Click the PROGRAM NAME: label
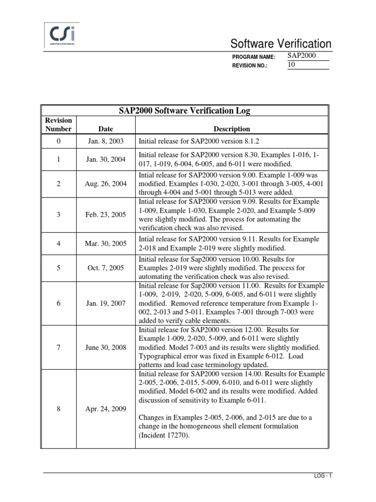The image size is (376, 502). (x=254, y=57)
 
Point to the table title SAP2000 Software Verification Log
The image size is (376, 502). (x=185, y=111)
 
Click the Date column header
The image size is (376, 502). (x=105, y=129)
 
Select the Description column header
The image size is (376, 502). (x=232, y=129)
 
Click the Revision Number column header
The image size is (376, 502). (x=58, y=125)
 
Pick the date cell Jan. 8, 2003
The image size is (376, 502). (x=105, y=141)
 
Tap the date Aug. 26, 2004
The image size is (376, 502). (x=105, y=183)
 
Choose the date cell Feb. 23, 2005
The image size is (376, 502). (x=105, y=215)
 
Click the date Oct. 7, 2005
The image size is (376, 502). (x=105, y=268)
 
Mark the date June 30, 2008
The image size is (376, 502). (x=105, y=347)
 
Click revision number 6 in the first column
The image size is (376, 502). (x=58, y=303)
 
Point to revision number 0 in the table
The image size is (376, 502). (x=58, y=141)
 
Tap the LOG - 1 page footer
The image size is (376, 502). (x=321, y=476)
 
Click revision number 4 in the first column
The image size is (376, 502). (x=58, y=243)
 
